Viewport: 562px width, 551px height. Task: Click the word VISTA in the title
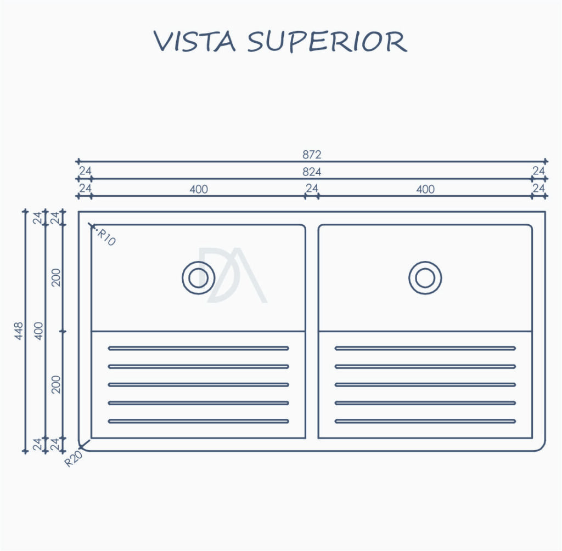point(195,42)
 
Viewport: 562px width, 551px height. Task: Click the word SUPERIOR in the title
point(327,42)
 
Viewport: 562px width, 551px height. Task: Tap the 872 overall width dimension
point(312,155)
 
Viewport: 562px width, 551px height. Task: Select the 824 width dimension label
point(312,172)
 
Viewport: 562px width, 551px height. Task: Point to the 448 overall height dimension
point(19,331)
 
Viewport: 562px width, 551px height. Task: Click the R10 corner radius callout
point(106,238)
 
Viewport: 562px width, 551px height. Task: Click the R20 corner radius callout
point(74,458)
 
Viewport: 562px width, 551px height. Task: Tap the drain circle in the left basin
point(198,278)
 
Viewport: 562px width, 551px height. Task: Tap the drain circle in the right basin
point(425,278)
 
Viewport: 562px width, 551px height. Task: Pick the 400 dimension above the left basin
point(199,189)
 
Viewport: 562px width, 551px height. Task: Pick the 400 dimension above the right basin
point(425,189)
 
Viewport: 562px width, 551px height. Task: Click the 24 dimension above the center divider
point(312,188)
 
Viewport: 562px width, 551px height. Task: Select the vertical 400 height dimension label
point(39,331)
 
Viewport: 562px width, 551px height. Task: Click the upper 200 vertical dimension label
point(57,277)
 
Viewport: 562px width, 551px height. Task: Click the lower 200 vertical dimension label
point(57,384)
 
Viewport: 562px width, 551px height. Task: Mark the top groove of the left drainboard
point(199,348)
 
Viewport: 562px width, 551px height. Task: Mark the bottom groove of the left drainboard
point(199,422)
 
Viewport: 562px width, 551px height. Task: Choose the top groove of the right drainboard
point(425,348)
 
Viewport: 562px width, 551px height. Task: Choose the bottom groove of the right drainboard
point(425,422)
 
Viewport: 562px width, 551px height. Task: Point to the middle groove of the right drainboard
point(425,385)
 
